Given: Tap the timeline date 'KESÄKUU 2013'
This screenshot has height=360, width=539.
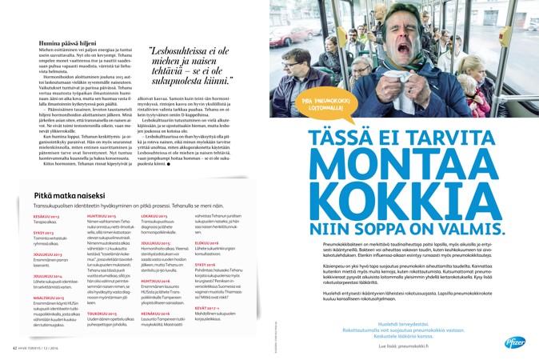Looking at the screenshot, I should click(46, 216).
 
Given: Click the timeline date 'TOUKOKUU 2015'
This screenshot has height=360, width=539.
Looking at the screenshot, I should click(101, 313).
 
